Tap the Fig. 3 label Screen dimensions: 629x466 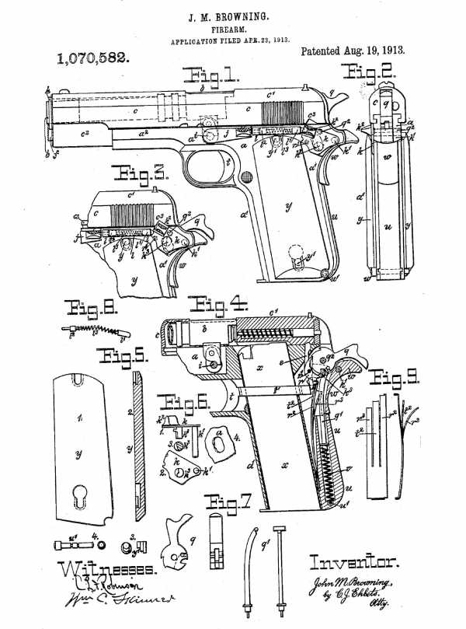[x=132, y=173]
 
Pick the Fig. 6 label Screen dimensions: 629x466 [x=181, y=403]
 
